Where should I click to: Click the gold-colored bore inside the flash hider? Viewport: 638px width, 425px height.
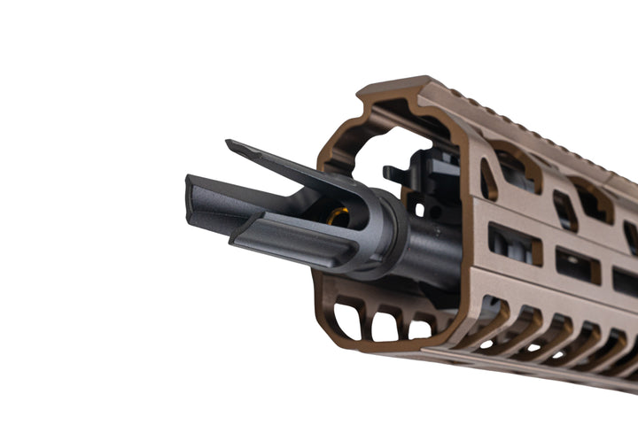click(x=338, y=215)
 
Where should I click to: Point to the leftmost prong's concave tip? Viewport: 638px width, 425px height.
click(x=190, y=194)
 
